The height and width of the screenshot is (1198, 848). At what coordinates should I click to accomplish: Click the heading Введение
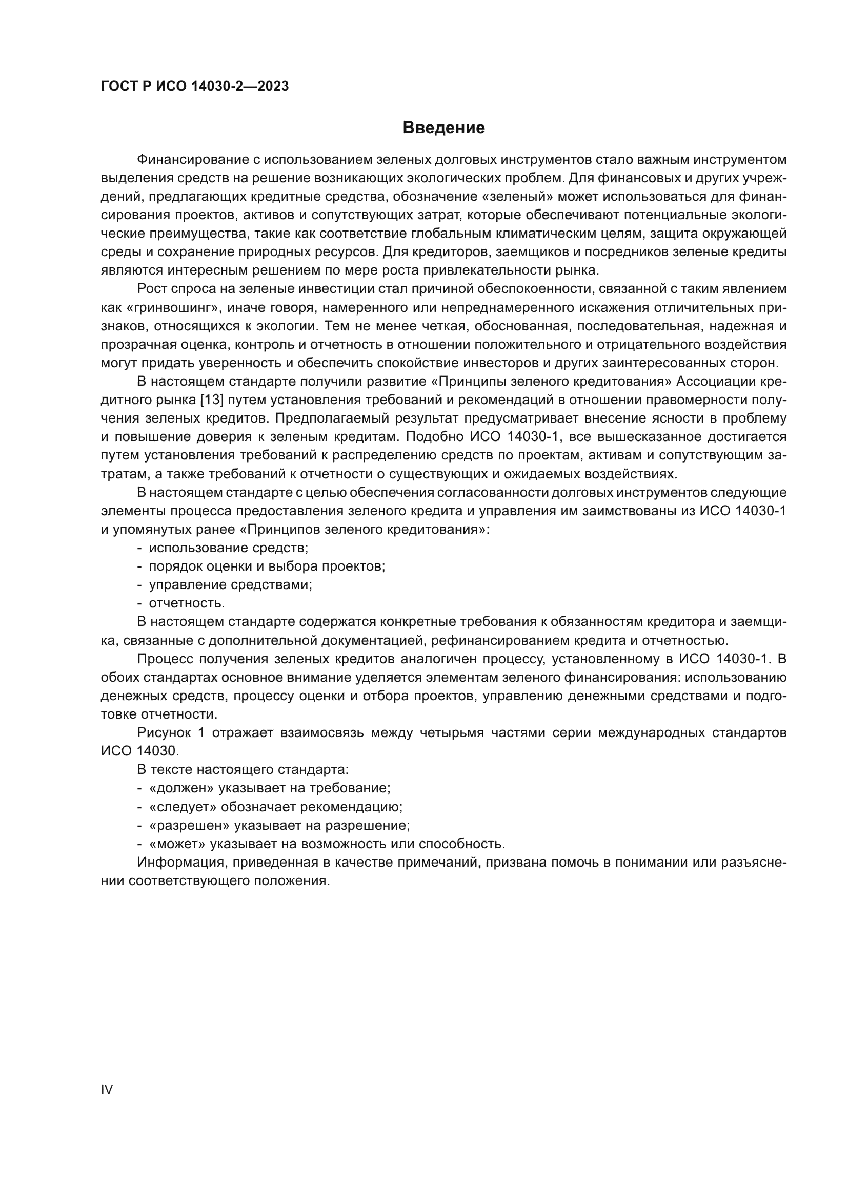443,128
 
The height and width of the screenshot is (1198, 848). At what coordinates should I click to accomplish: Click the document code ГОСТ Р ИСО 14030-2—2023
195,87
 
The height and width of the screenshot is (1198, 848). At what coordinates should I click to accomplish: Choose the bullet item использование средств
228,548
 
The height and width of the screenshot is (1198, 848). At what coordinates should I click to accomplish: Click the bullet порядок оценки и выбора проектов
267,566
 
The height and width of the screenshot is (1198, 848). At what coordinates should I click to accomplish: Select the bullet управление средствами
230,585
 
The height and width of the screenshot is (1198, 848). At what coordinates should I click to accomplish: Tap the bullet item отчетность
187,603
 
